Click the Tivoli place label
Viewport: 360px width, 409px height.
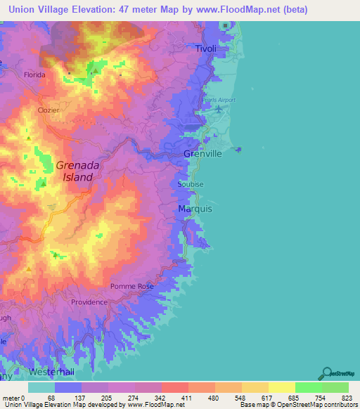(206, 48)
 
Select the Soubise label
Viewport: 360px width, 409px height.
(191, 184)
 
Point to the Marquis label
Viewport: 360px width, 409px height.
(195, 209)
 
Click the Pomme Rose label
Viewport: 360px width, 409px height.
(131, 287)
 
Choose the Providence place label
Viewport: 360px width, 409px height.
(89, 302)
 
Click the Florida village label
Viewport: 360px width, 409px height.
(34, 74)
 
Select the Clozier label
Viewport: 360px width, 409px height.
(49, 110)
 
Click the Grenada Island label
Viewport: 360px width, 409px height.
(74, 171)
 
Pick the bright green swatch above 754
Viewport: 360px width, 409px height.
(309, 387)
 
